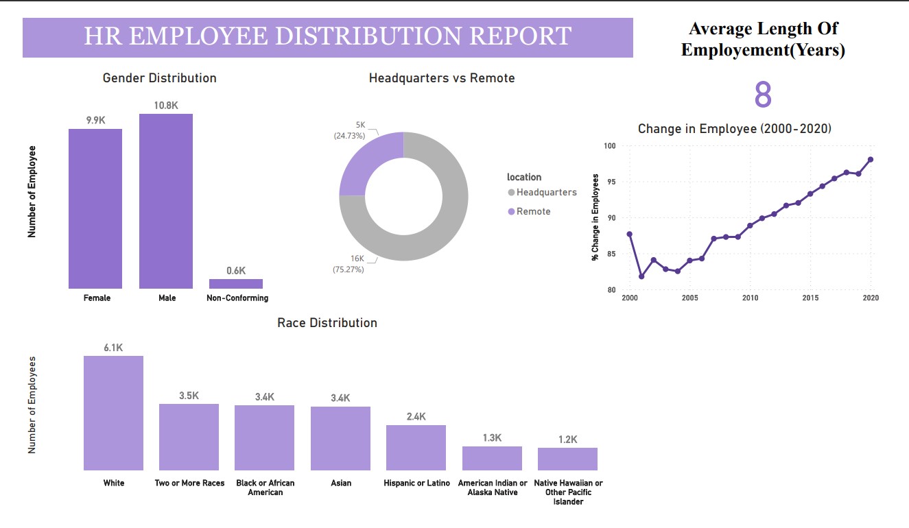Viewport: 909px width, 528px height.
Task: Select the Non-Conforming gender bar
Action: coord(236,284)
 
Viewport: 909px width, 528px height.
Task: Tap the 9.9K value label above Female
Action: coord(95,120)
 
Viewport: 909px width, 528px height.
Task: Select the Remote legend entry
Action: coord(533,212)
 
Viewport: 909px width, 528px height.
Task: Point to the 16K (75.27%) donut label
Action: coord(349,264)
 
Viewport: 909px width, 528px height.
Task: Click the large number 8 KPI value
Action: coord(763,95)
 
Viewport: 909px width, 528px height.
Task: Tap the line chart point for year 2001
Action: coord(641,276)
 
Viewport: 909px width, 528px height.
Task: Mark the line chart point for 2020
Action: coord(871,159)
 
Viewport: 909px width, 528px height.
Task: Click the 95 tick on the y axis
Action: coord(609,182)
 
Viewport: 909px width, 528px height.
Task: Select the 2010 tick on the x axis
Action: coord(750,298)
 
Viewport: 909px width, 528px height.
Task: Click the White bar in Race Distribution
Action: coord(114,413)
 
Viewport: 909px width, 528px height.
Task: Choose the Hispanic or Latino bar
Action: coord(416,447)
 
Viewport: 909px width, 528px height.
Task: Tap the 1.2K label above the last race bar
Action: coord(567,440)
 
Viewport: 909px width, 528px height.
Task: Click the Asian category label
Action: coord(341,483)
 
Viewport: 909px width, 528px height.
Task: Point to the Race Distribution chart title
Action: coord(327,323)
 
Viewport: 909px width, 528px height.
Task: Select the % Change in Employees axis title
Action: coord(595,217)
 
